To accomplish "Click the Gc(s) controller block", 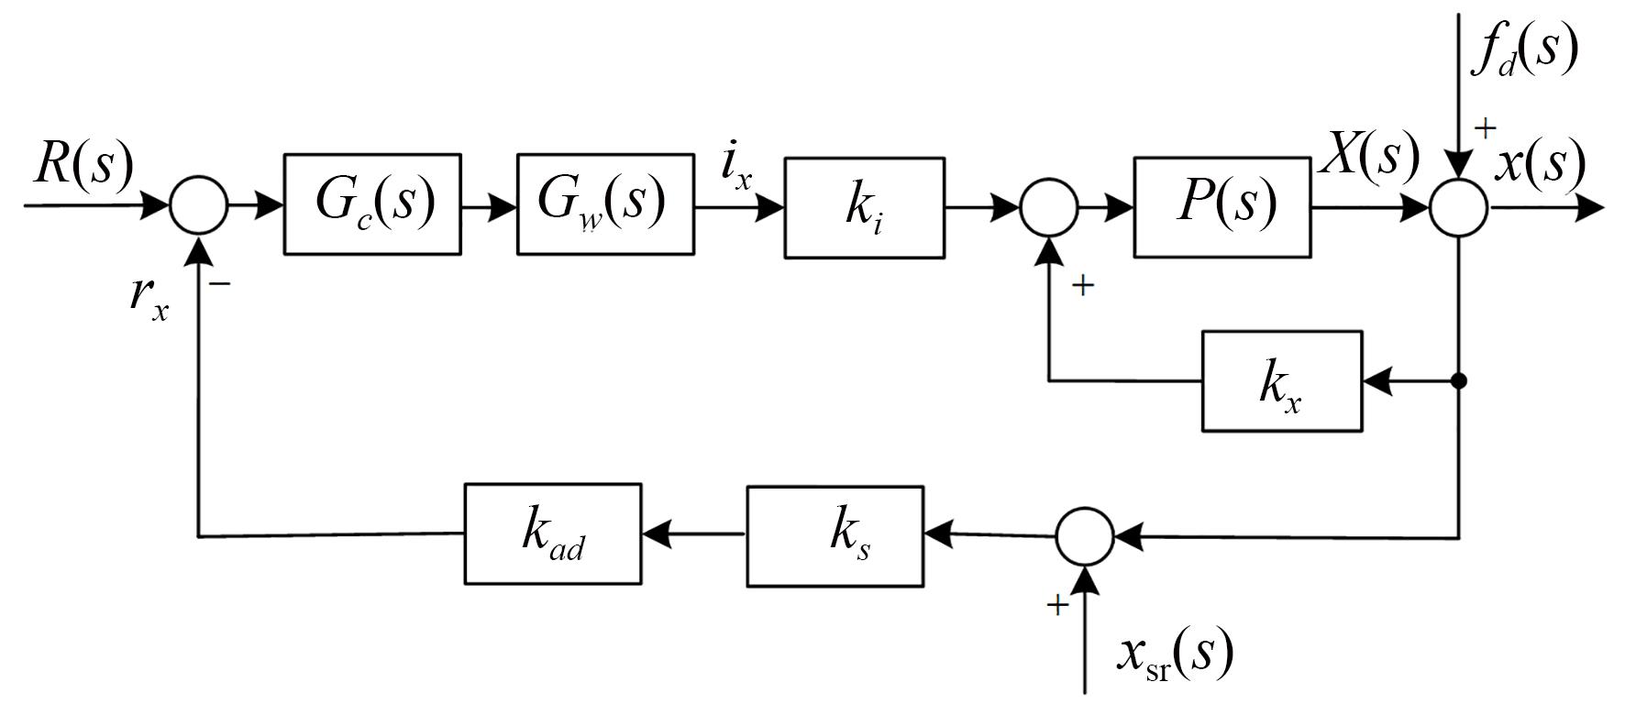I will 372,203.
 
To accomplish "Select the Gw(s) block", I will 605,203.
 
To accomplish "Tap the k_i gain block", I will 864,208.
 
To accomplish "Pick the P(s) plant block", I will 1222,207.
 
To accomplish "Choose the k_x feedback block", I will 1282,381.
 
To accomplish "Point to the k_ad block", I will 552,534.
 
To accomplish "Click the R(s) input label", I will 83,165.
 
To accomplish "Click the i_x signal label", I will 736,168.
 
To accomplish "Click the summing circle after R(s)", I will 198,205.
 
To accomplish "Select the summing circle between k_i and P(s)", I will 1049,208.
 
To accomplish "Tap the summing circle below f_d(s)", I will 1458,208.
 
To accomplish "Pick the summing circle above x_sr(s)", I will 1085,537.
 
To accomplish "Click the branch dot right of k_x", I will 1459,380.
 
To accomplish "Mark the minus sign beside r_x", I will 220,283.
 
